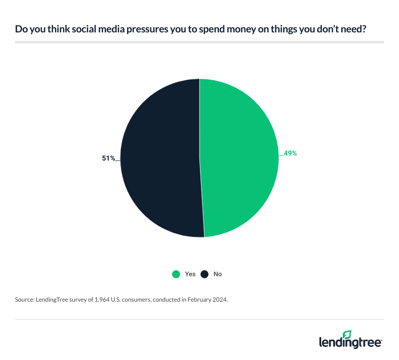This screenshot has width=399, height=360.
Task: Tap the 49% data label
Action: [x=290, y=154]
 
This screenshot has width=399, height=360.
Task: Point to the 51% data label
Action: [x=109, y=159]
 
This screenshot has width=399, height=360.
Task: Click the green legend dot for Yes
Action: [x=176, y=274]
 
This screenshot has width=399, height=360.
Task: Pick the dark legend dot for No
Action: [x=204, y=274]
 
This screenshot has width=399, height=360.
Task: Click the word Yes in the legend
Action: [x=190, y=274]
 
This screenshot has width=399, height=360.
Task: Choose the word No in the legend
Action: [x=217, y=274]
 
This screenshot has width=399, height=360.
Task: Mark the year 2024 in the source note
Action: [x=218, y=300]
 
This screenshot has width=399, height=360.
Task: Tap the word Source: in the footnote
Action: [x=24, y=300]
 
